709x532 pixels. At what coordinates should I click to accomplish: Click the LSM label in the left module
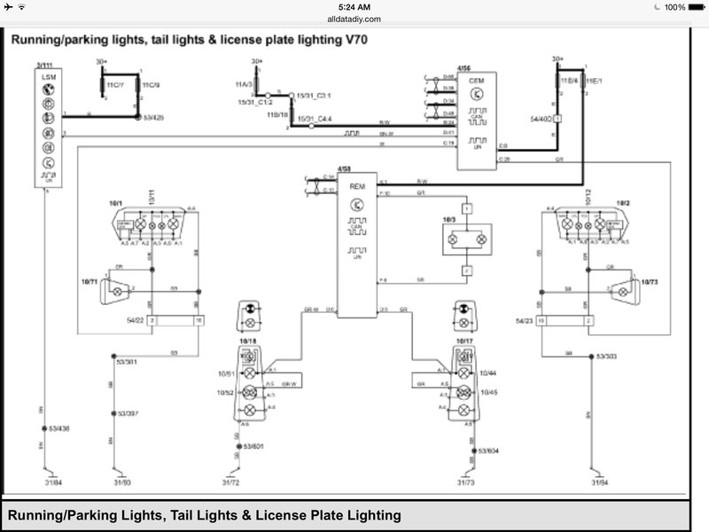click(43, 78)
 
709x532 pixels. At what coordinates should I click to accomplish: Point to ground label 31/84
click(43, 481)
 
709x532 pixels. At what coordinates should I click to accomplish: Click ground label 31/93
click(121, 481)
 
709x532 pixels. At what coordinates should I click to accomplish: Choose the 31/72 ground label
click(230, 481)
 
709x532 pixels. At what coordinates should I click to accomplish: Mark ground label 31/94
click(601, 481)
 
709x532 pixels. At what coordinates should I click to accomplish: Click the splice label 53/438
click(58, 429)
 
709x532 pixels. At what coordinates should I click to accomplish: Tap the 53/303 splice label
click(606, 356)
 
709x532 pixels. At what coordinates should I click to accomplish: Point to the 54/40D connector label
click(540, 116)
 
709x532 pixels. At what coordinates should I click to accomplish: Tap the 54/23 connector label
click(525, 320)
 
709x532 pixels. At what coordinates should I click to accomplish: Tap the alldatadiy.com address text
click(354, 18)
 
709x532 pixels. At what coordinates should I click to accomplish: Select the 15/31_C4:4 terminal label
click(316, 118)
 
